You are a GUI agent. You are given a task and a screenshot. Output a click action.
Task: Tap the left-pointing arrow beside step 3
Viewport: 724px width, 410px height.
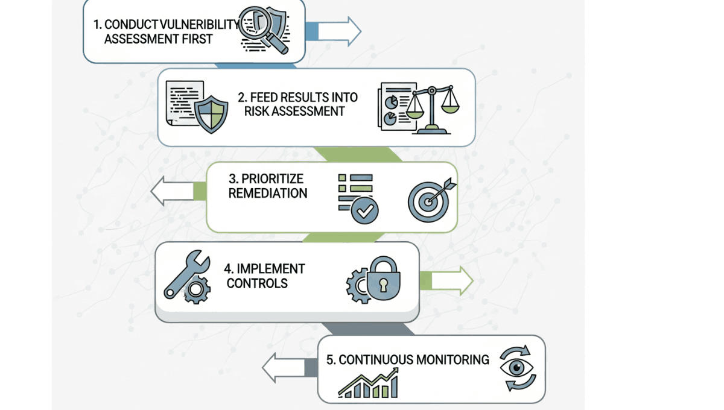(171, 192)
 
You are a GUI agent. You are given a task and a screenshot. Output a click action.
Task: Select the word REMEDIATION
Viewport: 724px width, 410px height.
(268, 194)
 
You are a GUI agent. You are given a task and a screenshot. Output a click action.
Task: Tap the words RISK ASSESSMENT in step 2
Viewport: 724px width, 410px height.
(294, 111)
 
